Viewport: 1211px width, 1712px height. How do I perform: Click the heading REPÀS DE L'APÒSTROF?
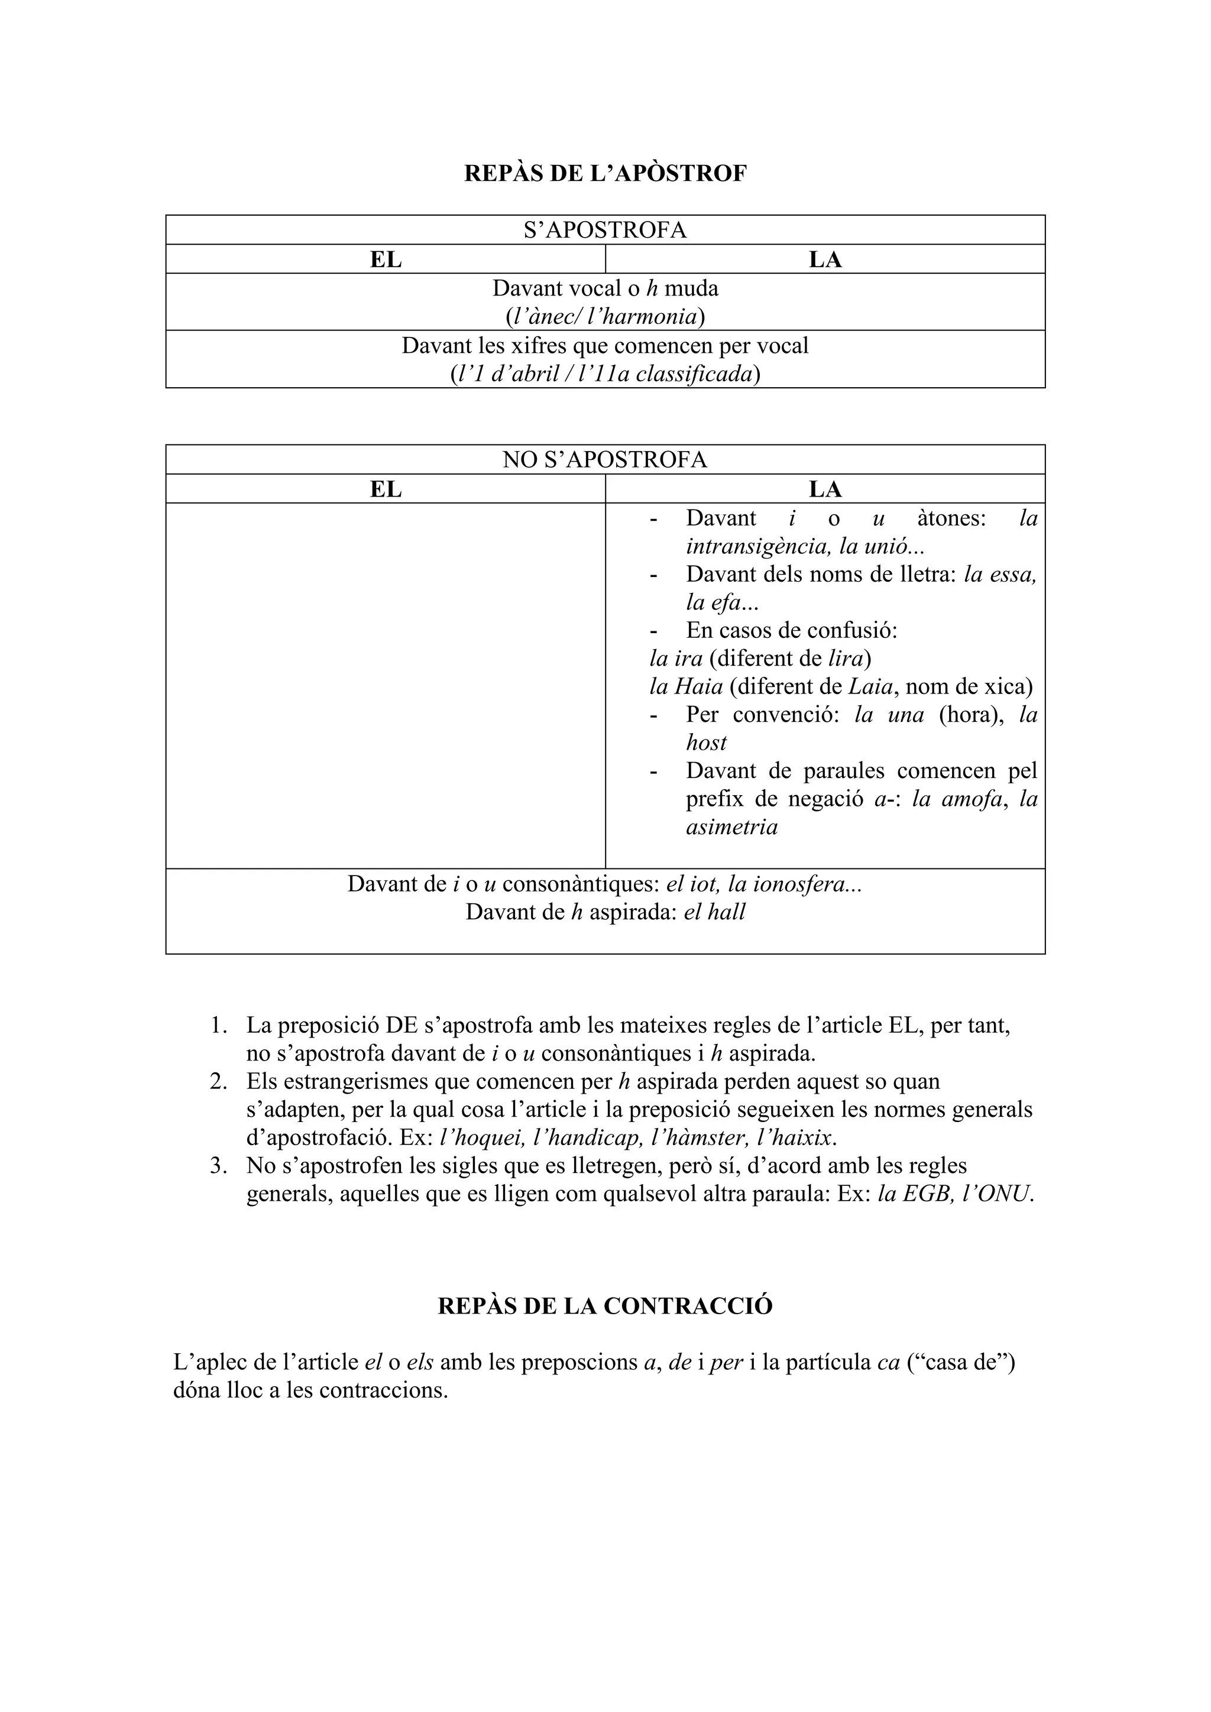(605, 174)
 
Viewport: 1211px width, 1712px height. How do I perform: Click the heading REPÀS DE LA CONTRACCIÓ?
(605, 1306)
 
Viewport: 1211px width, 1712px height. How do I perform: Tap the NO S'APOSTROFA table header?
(605, 460)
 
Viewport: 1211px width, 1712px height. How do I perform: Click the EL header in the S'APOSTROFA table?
(386, 260)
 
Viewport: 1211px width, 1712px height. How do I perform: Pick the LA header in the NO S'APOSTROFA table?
(825, 489)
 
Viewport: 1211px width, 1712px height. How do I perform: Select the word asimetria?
(731, 827)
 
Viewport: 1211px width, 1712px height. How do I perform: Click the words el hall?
(714, 912)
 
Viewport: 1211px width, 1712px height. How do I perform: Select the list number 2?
(218, 1082)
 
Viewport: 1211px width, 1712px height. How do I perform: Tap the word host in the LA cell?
(706, 742)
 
